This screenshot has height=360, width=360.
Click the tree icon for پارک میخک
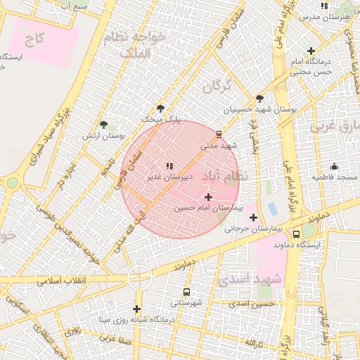click(161, 108)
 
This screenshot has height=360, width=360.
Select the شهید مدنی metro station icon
click(219, 134)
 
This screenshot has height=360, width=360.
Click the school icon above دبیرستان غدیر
click(169, 166)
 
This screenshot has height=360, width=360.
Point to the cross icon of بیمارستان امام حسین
click(207, 197)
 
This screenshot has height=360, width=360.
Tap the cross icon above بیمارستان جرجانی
click(253, 217)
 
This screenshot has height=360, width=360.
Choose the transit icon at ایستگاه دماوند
click(297, 233)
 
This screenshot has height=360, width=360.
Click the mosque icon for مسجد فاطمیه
click(334, 167)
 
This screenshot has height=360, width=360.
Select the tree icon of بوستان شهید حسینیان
click(260, 98)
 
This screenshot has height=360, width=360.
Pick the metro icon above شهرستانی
click(186, 291)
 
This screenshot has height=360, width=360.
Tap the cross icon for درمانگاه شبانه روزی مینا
click(136, 309)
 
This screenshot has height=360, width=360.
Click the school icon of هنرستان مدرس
click(323, 6)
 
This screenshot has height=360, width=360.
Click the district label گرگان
click(217, 87)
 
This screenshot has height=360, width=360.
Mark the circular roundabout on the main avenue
click(139, 278)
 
